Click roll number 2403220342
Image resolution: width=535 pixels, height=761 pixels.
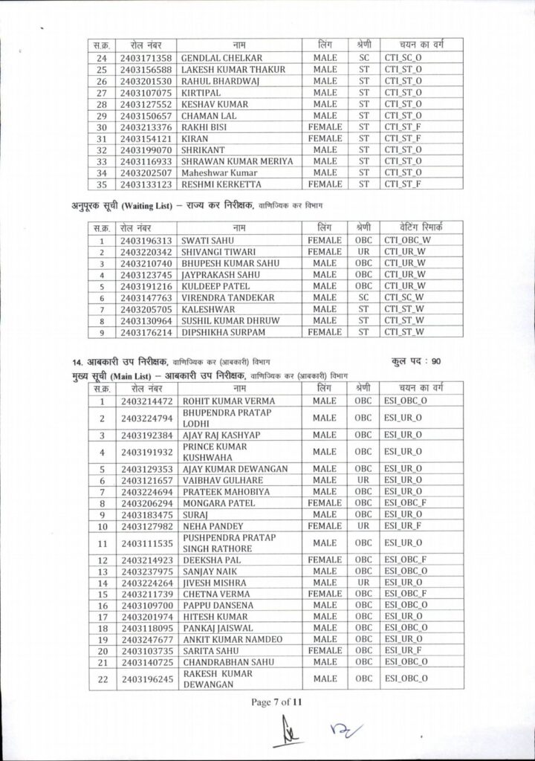click(146, 252)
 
